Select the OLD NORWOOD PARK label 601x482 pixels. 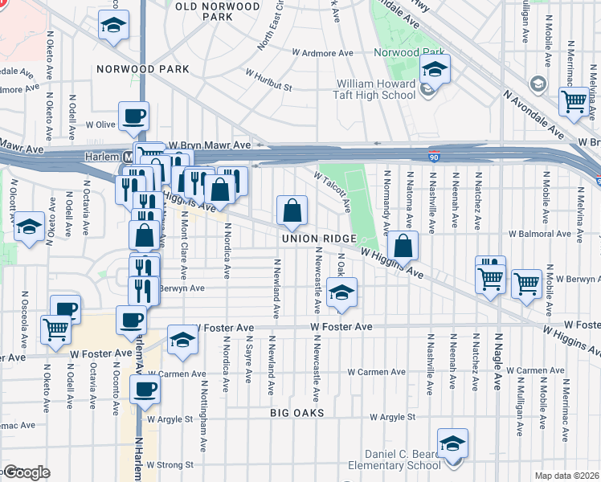point(208,10)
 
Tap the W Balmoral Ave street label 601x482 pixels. point(545,235)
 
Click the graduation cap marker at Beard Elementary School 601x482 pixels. point(452,443)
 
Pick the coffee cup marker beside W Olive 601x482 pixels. point(133,116)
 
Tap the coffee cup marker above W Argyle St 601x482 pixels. point(145,390)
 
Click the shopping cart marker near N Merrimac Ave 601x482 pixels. point(574,101)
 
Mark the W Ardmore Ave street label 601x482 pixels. point(322,53)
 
